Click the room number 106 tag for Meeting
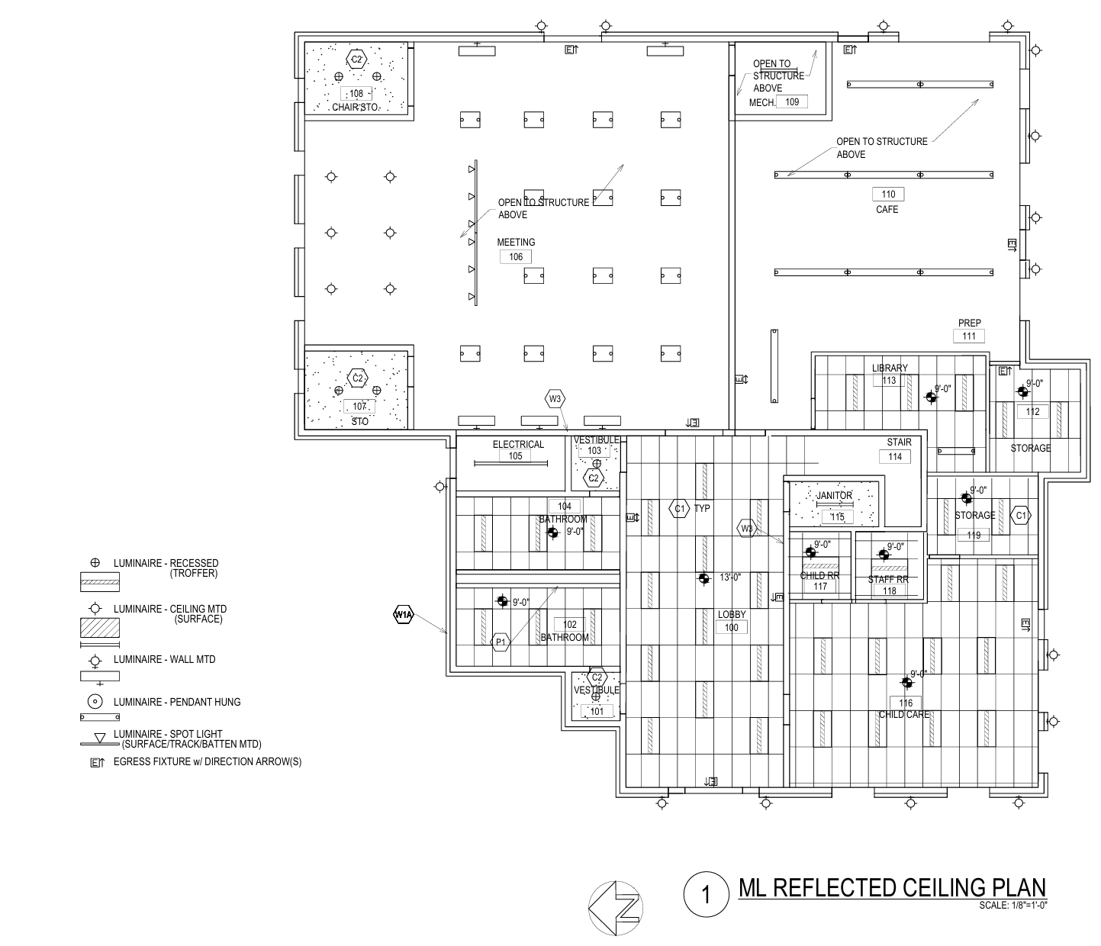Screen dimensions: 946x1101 point(516,257)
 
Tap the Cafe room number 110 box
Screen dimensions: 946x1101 point(887,195)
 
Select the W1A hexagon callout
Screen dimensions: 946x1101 point(403,614)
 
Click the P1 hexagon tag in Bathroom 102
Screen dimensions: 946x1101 point(501,642)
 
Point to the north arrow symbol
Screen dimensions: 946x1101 point(616,908)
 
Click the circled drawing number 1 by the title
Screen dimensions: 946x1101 point(706,895)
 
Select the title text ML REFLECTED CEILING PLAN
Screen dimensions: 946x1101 point(892,888)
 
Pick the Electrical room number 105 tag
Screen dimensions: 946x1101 point(516,456)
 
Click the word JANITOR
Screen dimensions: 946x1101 point(834,496)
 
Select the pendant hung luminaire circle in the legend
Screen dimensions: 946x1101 point(95,702)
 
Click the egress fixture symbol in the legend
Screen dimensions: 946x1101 point(97,762)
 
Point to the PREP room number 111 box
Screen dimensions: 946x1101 point(969,336)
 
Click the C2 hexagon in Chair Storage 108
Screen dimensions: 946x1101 point(356,59)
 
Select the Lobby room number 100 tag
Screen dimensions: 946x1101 point(732,627)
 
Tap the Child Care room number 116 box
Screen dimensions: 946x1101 point(906,703)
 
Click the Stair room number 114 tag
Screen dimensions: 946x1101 point(895,456)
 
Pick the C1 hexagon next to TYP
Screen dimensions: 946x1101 point(678,508)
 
